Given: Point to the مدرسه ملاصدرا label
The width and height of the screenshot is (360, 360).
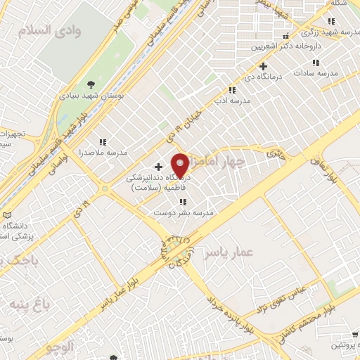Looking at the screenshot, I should (x=103, y=151).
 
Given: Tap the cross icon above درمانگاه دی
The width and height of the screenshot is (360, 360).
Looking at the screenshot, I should (x=263, y=67).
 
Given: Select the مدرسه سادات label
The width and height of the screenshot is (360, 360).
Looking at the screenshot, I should (x=316, y=72).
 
